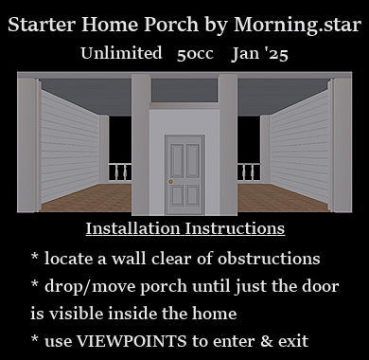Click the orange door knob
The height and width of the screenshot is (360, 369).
[170, 182]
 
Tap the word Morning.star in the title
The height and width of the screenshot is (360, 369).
[297, 25]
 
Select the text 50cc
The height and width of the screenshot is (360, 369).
[195, 54]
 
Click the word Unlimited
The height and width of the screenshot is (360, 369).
[121, 53]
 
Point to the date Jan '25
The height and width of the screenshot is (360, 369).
[259, 54]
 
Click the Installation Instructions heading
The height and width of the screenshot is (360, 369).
[185, 228]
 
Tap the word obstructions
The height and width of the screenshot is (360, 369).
[269, 259]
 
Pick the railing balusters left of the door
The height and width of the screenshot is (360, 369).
[120, 172]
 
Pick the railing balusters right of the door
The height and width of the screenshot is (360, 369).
[249, 172]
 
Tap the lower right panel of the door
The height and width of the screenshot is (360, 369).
[192, 195]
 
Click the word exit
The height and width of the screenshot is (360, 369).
[293, 341]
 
